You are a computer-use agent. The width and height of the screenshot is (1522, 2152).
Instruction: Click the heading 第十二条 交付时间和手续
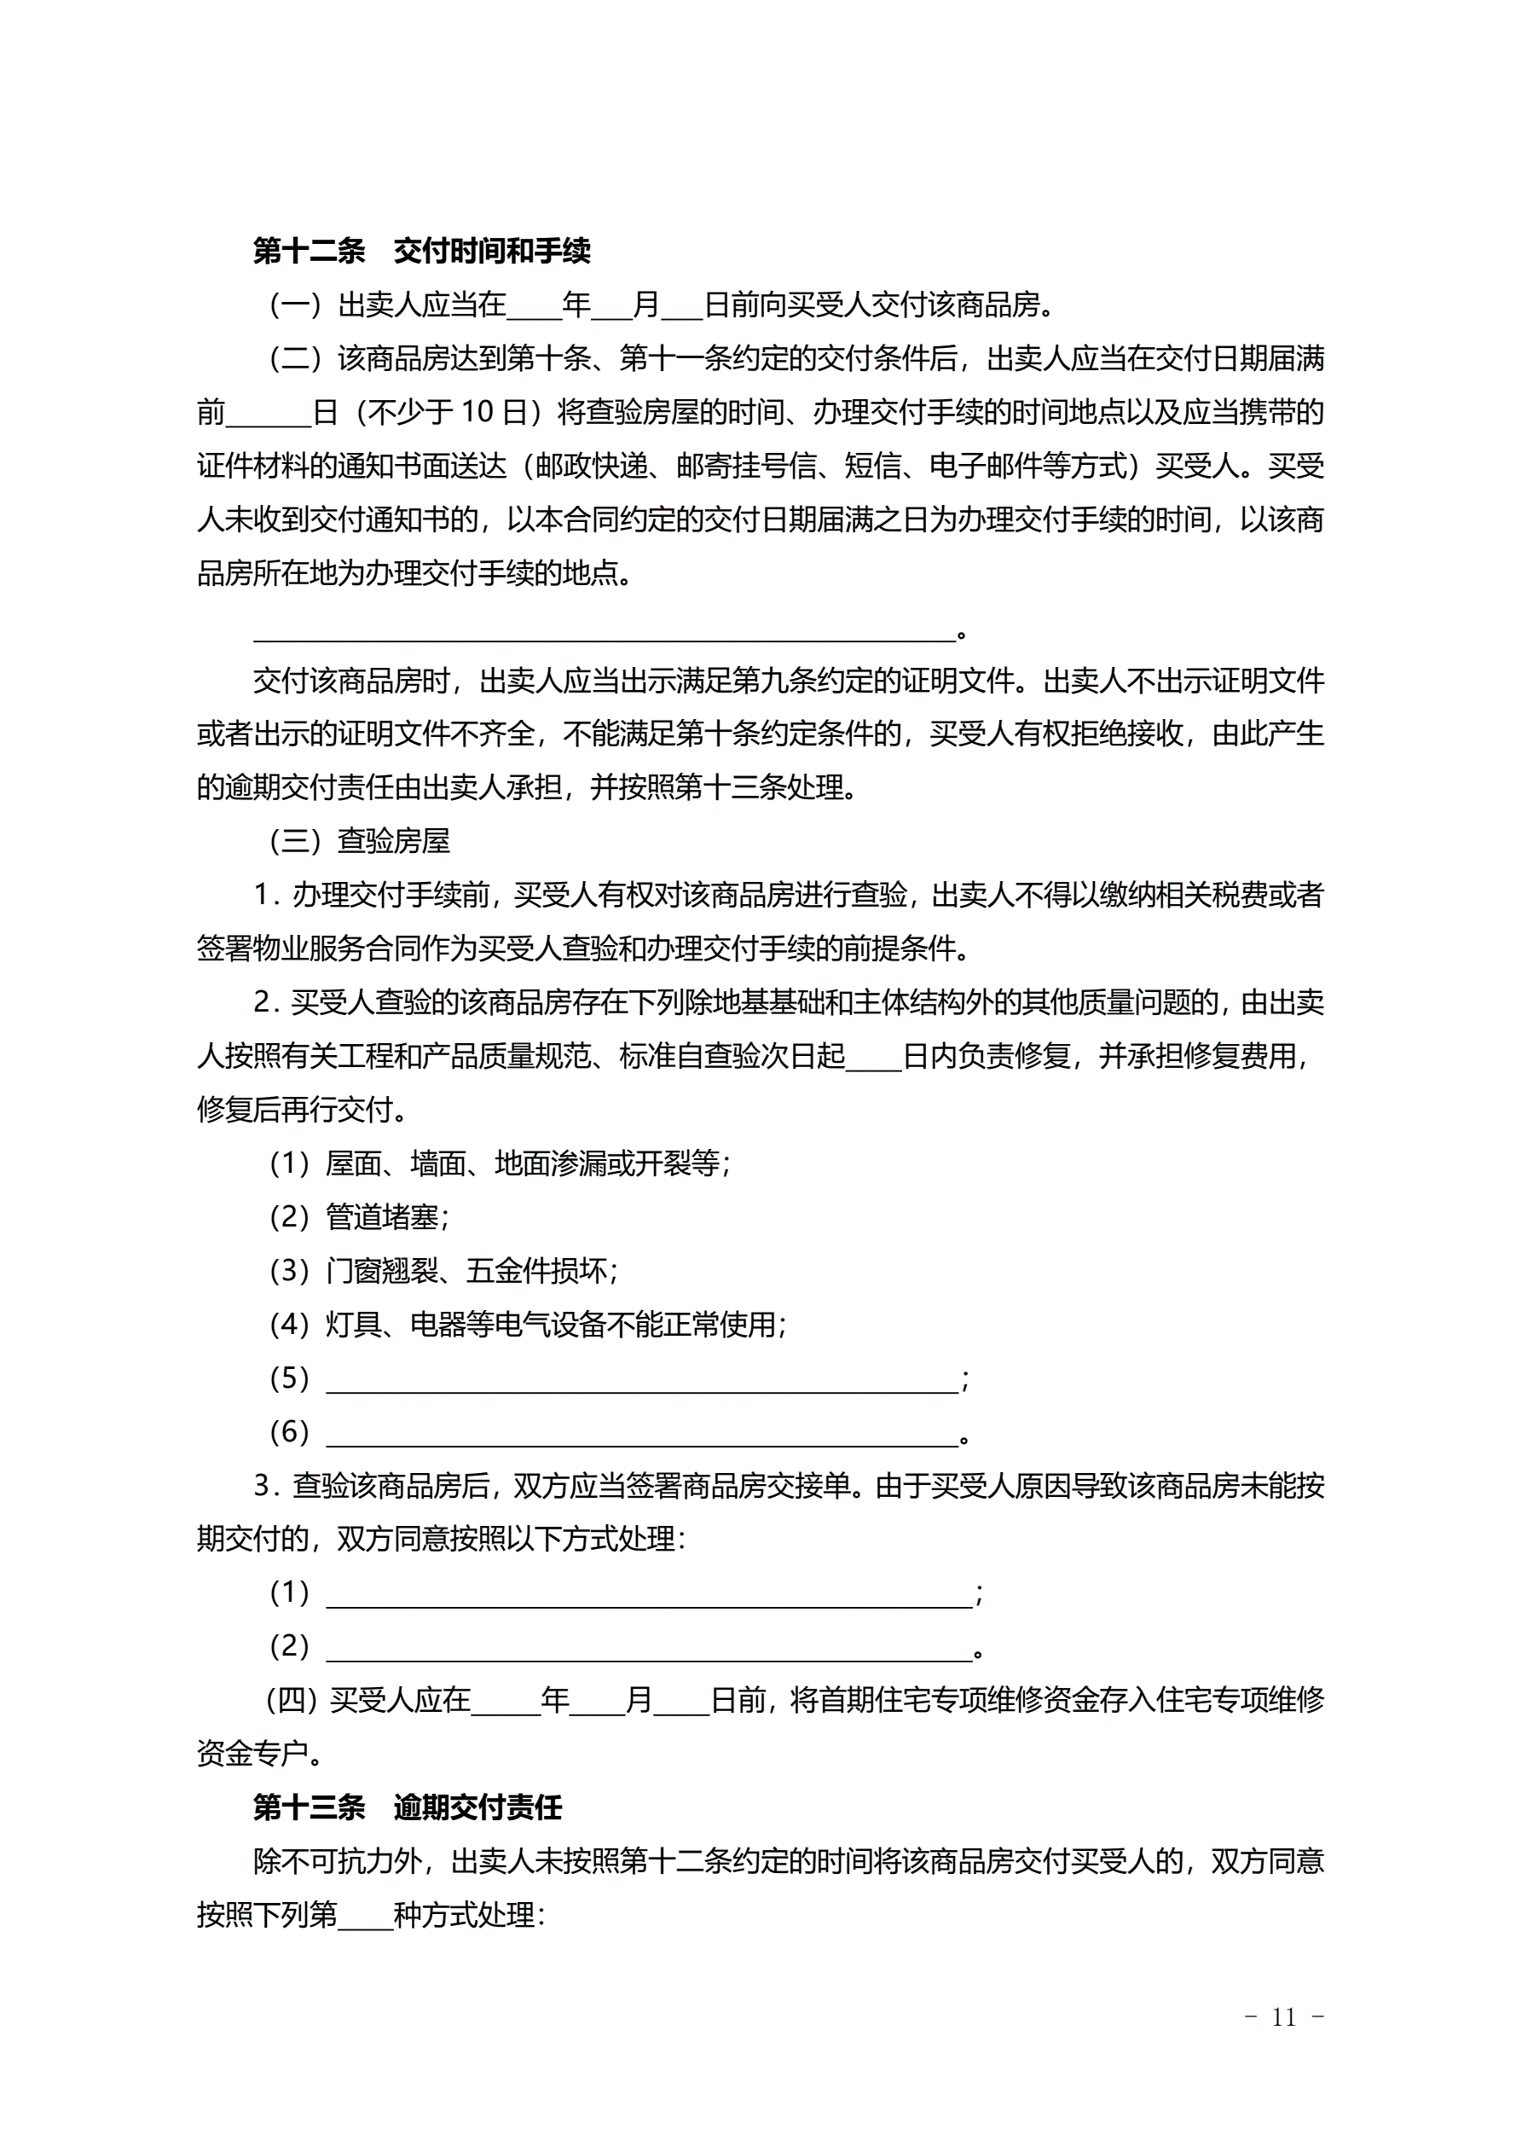(x=422, y=251)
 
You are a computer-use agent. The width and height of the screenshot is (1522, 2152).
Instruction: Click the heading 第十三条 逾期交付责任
(x=407, y=1807)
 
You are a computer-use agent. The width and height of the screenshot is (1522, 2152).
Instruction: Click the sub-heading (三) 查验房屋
(x=360, y=841)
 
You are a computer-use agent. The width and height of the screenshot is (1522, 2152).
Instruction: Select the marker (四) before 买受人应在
(x=292, y=1700)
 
